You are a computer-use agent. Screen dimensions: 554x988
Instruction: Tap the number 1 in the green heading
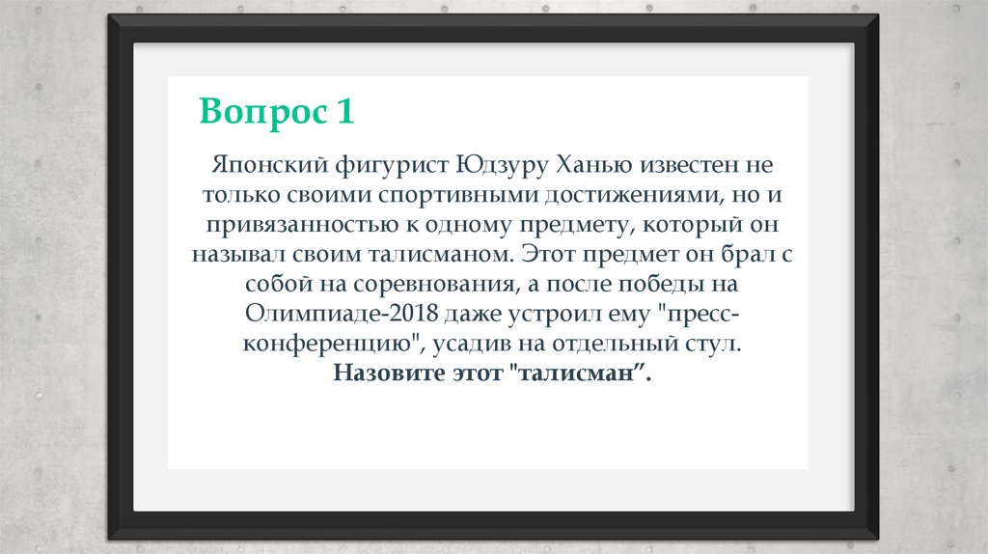[344, 111]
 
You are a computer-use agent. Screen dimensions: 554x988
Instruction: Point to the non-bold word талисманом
[434, 255]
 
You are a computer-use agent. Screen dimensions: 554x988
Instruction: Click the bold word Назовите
[385, 374]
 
